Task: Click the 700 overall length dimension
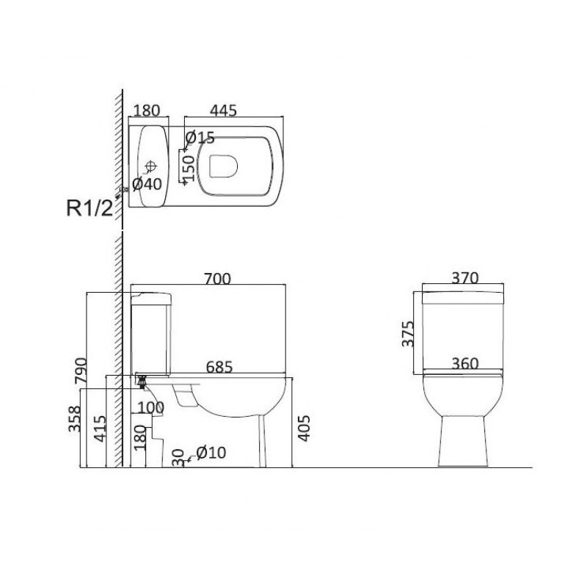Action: tap(217, 279)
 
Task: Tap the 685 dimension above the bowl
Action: tap(219, 367)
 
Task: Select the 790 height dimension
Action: tap(81, 371)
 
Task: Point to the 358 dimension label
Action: tap(74, 419)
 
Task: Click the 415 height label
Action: tap(100, 429)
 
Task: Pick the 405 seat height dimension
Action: tap(304, 428)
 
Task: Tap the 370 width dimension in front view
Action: tap(465, 278)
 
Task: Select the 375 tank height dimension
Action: tap(408, 334)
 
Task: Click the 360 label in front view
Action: tap(465, 363)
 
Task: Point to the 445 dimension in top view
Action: tap(223, 111)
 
